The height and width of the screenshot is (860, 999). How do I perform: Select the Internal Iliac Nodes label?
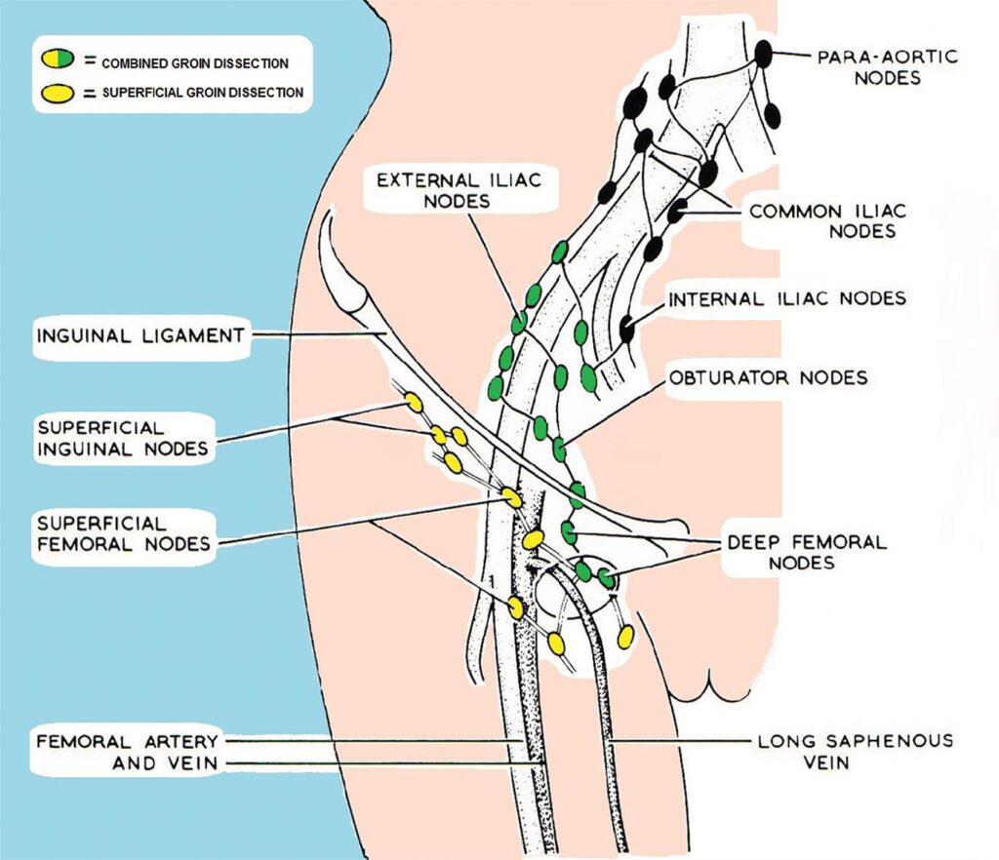click(x=787, y=298)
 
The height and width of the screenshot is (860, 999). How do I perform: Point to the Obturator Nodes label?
click(x=768, y=376)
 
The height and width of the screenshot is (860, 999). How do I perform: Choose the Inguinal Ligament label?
click(x=140, y=335)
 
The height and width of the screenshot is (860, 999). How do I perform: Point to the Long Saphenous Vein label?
click(x=855, y=751)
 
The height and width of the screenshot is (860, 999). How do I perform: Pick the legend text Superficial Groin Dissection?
click(x=200, y=94)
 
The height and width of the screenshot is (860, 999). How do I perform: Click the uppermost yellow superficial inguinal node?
click(x=414, y=403)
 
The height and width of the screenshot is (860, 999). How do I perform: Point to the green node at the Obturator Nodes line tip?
click(x=559, y=450)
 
